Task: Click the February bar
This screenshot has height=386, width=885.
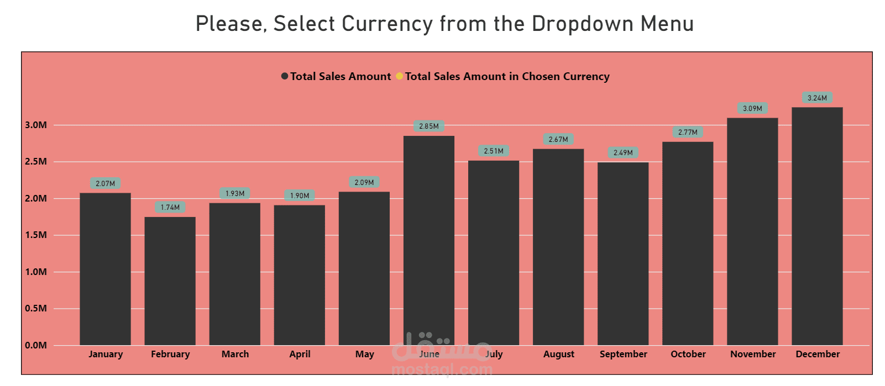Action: (x=170, y=281)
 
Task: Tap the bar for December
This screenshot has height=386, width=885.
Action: (x=817, y=226)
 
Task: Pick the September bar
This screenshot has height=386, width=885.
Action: (x=623, y=254)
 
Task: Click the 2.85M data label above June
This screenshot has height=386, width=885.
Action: (x=429, y=126)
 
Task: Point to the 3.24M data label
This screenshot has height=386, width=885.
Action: (x=817, y=98)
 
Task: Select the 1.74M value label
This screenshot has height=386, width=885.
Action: (x=170, y=208)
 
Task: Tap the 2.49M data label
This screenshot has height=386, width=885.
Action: (x=623, y=153)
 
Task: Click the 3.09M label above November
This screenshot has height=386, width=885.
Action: (x=752, y=109)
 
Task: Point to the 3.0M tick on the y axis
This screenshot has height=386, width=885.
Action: (x=36, y=125)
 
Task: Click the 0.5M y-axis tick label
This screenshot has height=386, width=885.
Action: (x=36, y=309)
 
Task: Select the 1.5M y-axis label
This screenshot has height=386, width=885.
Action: (x=36, y=235)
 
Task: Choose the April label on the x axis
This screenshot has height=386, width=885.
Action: (x=300, y=355)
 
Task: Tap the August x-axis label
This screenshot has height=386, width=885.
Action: (x=558, y=355)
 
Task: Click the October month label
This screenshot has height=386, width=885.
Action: (x=688, y=355)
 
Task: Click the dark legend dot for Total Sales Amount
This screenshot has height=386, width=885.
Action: (x=285, y=76)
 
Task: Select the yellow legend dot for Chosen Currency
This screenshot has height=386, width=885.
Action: (x=399, y=76)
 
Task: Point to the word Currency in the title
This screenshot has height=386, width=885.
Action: (x=387, y=24)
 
